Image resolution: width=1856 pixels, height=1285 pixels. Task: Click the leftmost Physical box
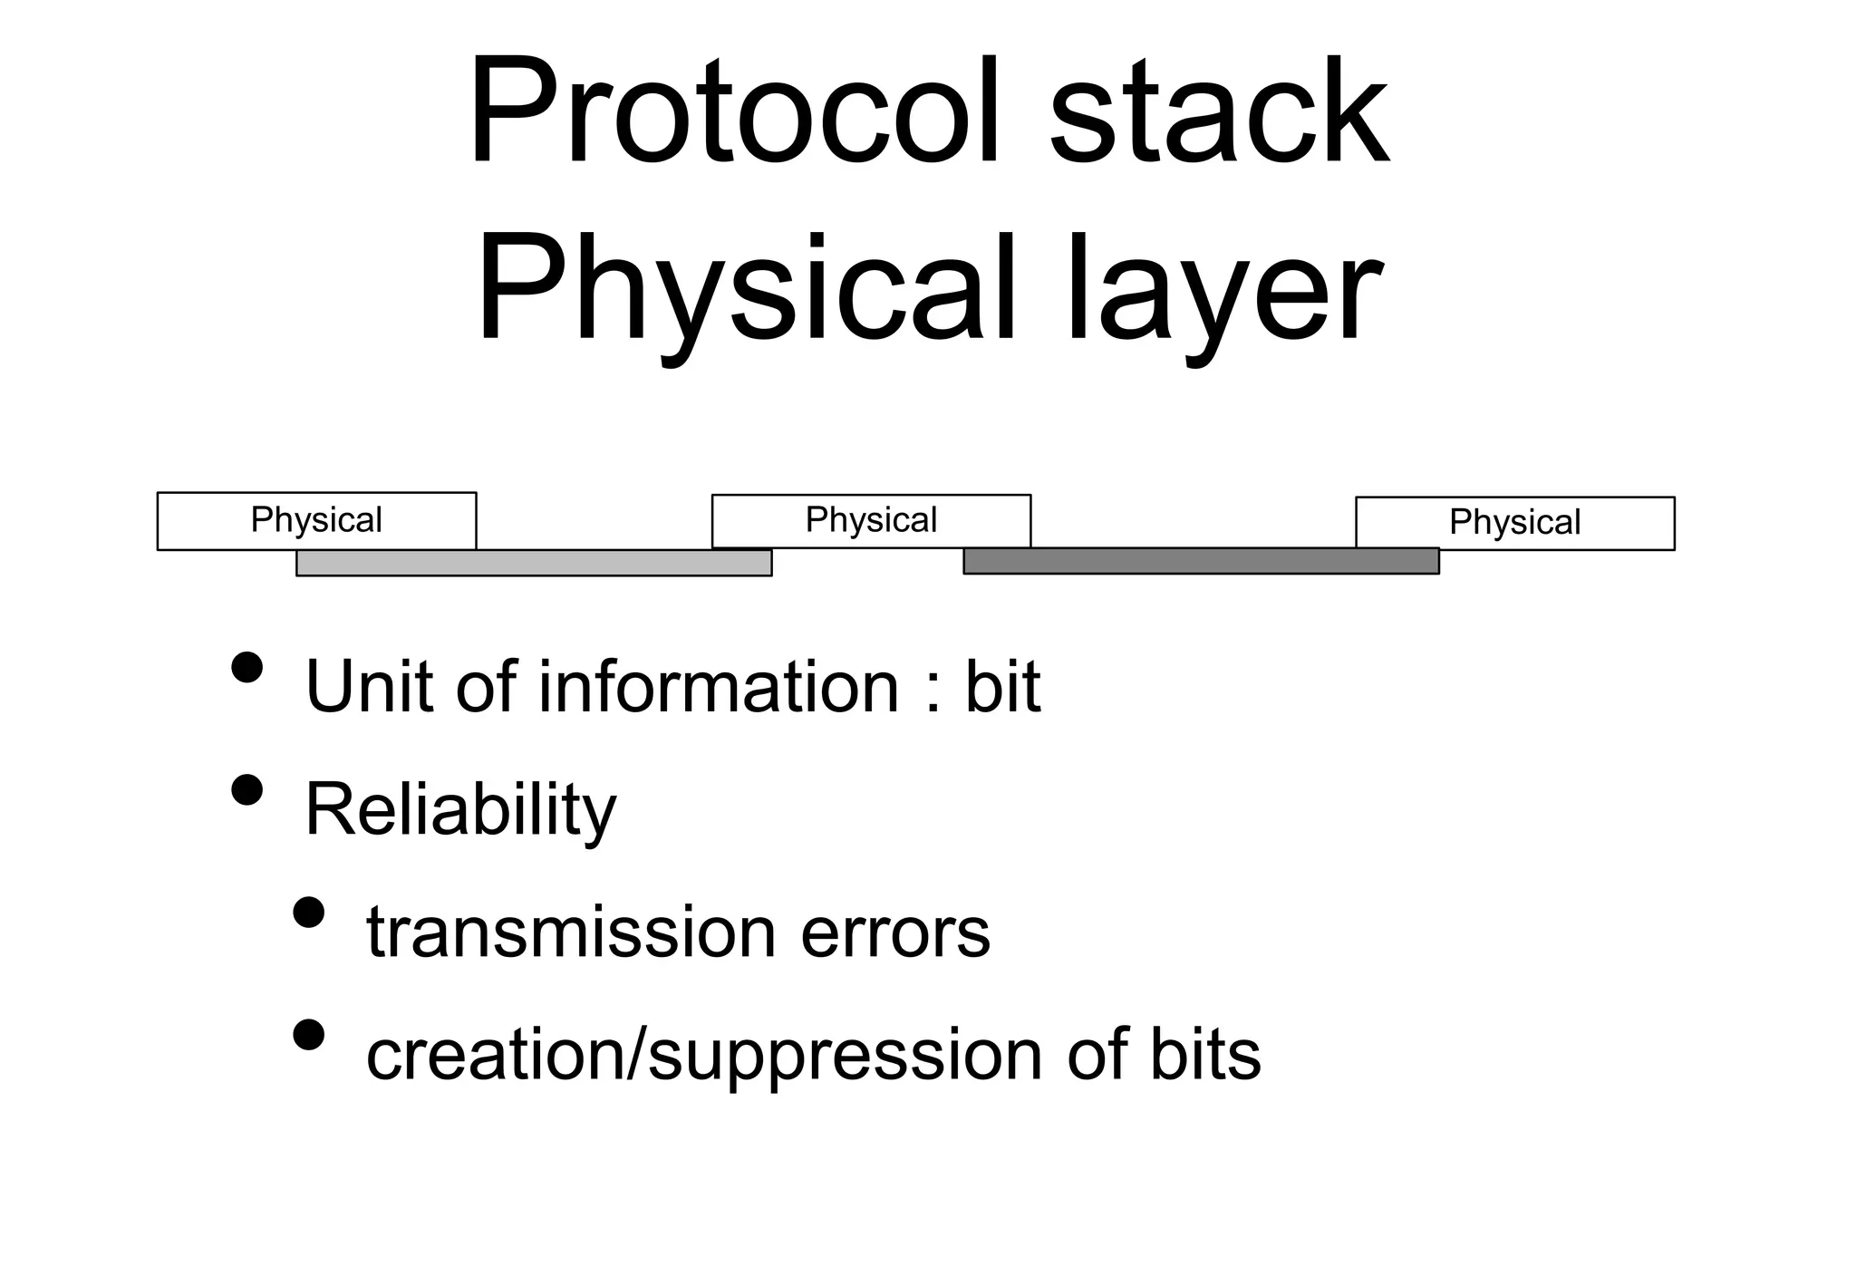coord(316,521)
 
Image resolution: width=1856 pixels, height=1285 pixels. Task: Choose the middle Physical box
coord(871,521)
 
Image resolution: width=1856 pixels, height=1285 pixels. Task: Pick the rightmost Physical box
coord(1514,523)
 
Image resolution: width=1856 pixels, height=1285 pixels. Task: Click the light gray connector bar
coord(534,563)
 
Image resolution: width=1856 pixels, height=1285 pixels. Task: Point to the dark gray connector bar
coord(1201,561)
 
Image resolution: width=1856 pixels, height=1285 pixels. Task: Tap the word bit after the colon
coord(1002,686)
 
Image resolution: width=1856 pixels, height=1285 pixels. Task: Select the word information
coord(719,686)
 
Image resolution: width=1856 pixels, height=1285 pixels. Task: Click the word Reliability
coord(460,809)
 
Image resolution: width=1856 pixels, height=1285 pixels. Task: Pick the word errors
coord(895,932)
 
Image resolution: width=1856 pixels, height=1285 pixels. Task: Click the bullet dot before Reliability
coord(246,790)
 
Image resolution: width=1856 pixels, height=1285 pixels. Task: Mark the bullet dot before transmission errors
coord(309,913)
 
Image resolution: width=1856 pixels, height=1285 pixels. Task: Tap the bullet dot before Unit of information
coord(246,667)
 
